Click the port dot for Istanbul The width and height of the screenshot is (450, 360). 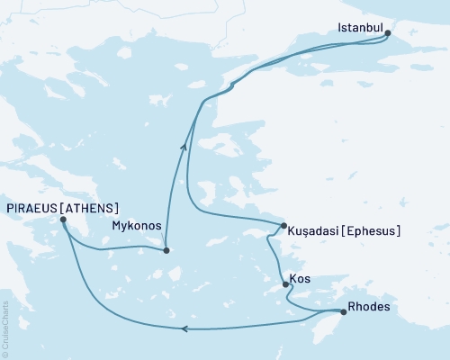388,33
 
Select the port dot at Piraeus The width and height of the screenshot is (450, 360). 63,219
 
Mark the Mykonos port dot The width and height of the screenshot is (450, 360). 166,250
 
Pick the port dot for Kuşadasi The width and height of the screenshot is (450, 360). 283,225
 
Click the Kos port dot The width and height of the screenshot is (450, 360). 286,284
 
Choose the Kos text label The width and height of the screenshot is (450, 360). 302,279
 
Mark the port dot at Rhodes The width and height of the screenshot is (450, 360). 343,312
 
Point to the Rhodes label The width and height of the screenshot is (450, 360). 368,307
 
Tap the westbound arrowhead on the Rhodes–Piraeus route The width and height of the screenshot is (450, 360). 185,328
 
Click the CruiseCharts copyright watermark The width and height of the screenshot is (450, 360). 5,328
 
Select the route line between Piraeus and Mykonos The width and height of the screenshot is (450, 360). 112,245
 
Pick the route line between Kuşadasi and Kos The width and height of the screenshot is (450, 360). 273,256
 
